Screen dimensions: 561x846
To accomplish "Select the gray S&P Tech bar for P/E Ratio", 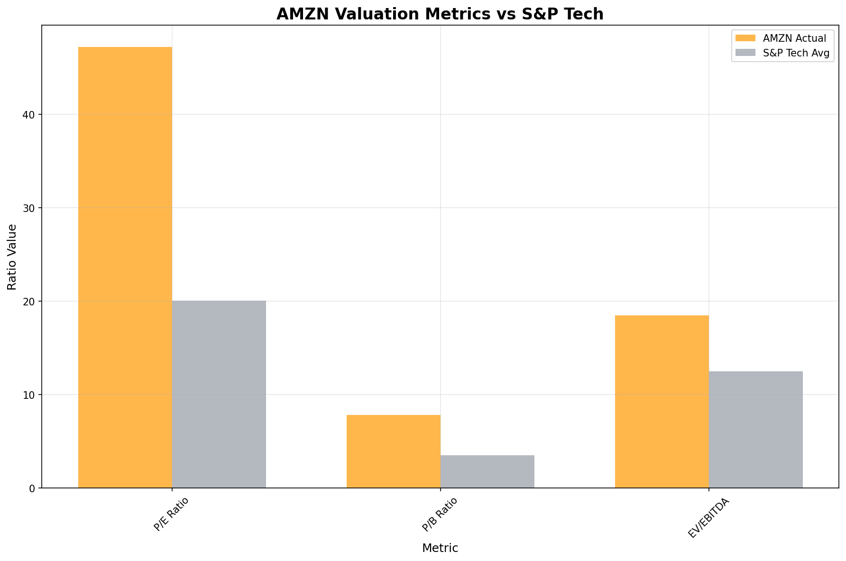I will (x=219, y=394).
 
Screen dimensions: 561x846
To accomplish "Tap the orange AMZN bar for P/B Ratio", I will (x=394, y=451).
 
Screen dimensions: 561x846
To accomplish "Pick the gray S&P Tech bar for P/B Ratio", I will (x=487, y=471).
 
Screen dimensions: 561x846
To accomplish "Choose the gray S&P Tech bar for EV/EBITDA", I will (x=756, y=429).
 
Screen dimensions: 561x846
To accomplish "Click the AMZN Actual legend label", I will (x=794, y=38).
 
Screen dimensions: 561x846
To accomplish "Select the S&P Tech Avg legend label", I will (x=796, y=54).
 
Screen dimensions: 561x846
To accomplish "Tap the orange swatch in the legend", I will (x=745, y=38).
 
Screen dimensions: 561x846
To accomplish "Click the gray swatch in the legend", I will (x=745, y=54).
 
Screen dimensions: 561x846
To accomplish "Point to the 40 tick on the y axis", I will (x=29, y=115).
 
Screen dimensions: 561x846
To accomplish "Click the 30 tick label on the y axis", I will (x=29, y=208).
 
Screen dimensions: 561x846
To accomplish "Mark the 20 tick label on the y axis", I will (x=29, y=302).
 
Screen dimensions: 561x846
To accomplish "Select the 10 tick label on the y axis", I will (x=29, y=395).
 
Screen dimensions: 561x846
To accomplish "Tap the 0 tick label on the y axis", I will (x=32, y=488).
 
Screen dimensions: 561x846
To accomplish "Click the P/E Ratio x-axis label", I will (x=171, y=514).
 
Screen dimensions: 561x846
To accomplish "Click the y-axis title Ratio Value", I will (x=12, y=257).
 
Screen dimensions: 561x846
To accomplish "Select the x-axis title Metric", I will (x=440, y=548).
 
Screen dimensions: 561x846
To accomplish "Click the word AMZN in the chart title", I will (x=301, y=14).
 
